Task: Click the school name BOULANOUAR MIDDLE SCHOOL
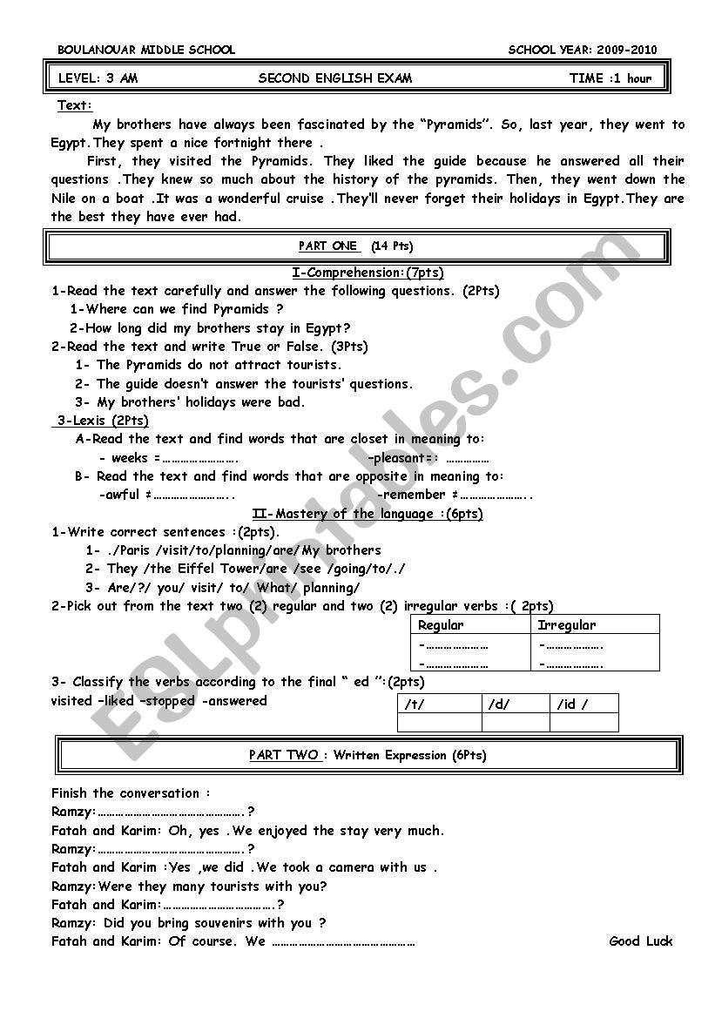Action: coord(146,50)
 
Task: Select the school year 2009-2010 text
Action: coord(583,50)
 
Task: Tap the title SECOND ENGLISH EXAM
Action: coord(335,78)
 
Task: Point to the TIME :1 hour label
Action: coord(610,78)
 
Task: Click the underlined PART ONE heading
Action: coord(327,246)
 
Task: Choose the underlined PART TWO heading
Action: coord(284,755)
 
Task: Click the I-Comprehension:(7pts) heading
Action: coord(368,273)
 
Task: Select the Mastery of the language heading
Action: coord(367,514)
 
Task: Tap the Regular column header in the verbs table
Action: coord(441,625)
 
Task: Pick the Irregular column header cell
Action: coord(567,625)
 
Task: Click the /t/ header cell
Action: coord(414,704)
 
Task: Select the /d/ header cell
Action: coord(499,704)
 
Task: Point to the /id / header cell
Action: coord(572,704)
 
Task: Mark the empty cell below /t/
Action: coord(439,723)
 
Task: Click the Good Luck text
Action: coord(641,940)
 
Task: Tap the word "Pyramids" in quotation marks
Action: coord(459,125)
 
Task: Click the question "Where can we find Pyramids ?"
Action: coord(177,309)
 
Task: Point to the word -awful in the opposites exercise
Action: coord(119,495)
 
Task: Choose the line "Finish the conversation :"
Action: coord(131,793)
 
